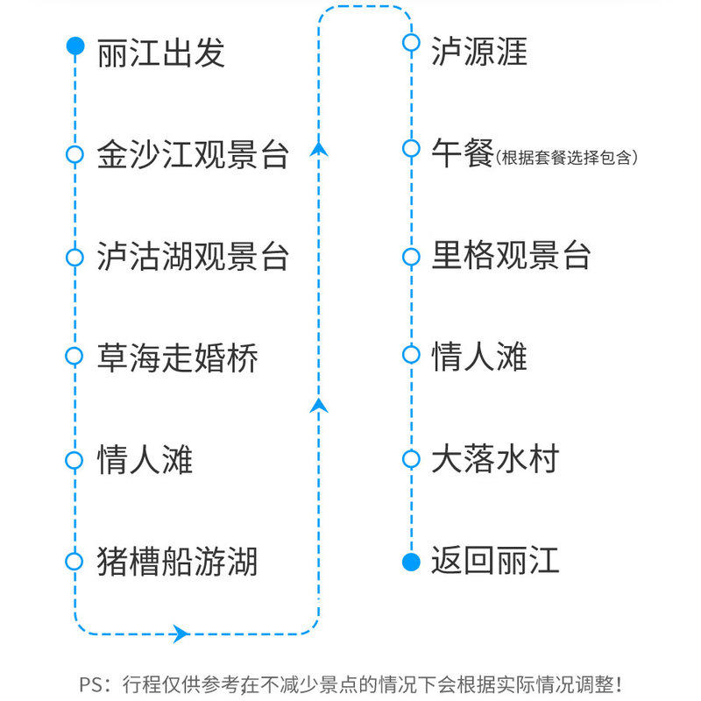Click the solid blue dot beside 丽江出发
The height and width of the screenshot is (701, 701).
[x=75, y=46]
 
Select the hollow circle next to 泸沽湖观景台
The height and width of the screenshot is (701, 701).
[x=74, y=257]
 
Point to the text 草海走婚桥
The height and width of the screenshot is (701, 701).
[x=177, y=358]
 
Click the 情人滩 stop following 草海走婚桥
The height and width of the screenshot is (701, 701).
[x=145, y=459]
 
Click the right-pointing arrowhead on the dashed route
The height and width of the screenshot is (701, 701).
[x=181, y=633]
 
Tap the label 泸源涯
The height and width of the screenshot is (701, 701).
[x=479, y=52]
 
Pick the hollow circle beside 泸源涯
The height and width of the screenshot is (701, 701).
[x=410, y=42]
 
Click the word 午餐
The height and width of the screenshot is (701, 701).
[x=463, y=154]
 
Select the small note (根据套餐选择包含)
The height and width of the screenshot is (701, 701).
[x=567, y=158]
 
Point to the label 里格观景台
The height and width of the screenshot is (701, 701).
[x=512, y=255]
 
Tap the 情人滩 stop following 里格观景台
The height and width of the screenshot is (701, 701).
[x=479, y=357]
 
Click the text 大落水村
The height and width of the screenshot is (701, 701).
[x=495, y=459]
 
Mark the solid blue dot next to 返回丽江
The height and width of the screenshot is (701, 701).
[x=410, y=562]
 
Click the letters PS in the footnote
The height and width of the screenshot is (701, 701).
[x=90, y=683]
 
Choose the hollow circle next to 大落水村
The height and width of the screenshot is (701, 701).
[x=410, y=458]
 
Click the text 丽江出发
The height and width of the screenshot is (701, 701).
[x=161, y=52]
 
